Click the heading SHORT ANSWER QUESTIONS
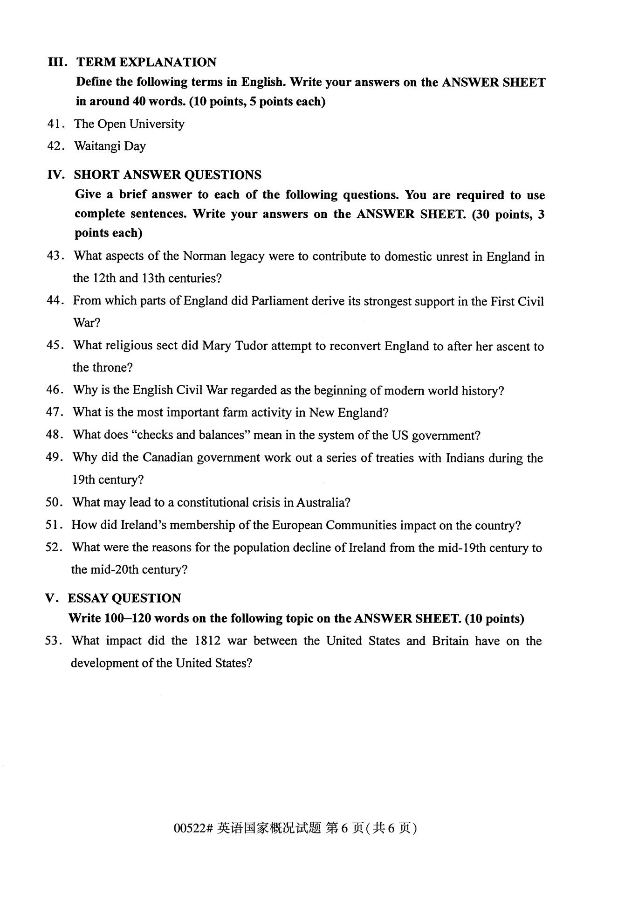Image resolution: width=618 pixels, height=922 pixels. (x=167, y=175)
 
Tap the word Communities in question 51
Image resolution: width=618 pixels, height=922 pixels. (x=361, y=526)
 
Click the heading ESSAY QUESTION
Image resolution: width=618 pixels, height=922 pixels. (x=124, y=598)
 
